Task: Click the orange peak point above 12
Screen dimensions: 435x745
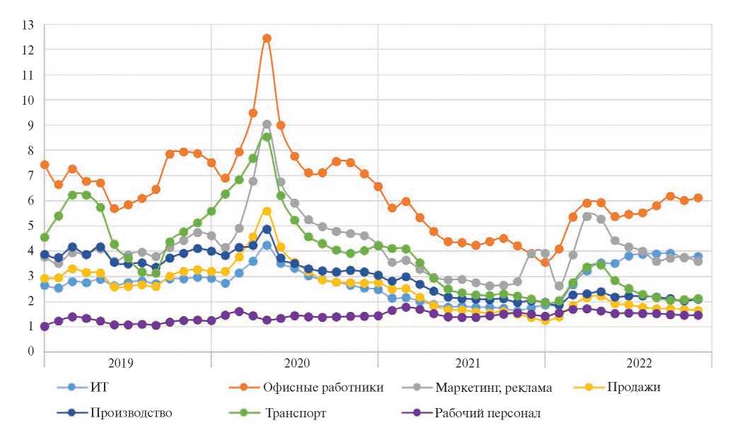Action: tap(266, 38)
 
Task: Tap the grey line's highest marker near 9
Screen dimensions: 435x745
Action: tap(266, 124)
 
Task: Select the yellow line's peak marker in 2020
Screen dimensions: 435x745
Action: tap(266, 211)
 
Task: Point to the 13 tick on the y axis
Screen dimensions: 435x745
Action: tap(28, 25)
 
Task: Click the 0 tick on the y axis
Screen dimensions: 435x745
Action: tap(31, 351)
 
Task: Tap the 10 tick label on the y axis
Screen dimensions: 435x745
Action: tap(28, 100)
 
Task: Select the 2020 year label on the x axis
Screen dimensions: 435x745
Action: tap(295, 364)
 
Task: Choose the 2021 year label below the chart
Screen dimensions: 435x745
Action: tap(462, 364)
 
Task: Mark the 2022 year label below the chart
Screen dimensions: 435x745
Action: tap(628, 364)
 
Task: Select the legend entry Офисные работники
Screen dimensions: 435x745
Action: tap(323, 387)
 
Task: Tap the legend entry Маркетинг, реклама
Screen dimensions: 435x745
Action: tap(493, 387)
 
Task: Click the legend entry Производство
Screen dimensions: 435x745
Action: tap(131, 413)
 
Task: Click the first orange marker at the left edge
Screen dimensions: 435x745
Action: tap(45, 164)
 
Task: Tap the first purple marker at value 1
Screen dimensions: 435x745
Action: tap(45, 326)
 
